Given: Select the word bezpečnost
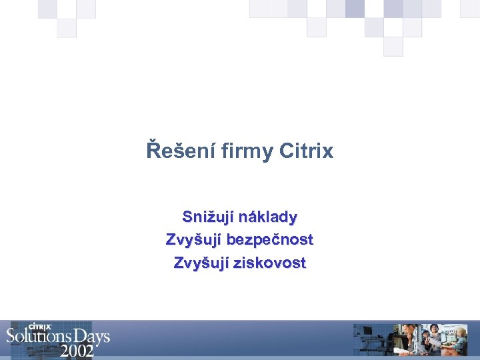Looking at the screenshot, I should click(x=270, y=239).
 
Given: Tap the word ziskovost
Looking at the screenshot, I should click(x=270, y=263).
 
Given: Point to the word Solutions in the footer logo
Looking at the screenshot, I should click(x=43, y=337).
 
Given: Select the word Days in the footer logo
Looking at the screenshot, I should click(x=94, y=337).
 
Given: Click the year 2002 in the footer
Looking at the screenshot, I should click(x=77, y=351).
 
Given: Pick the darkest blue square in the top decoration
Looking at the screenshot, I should click(x=355, y=9).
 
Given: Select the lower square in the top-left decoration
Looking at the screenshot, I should click(x=67, y=28).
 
